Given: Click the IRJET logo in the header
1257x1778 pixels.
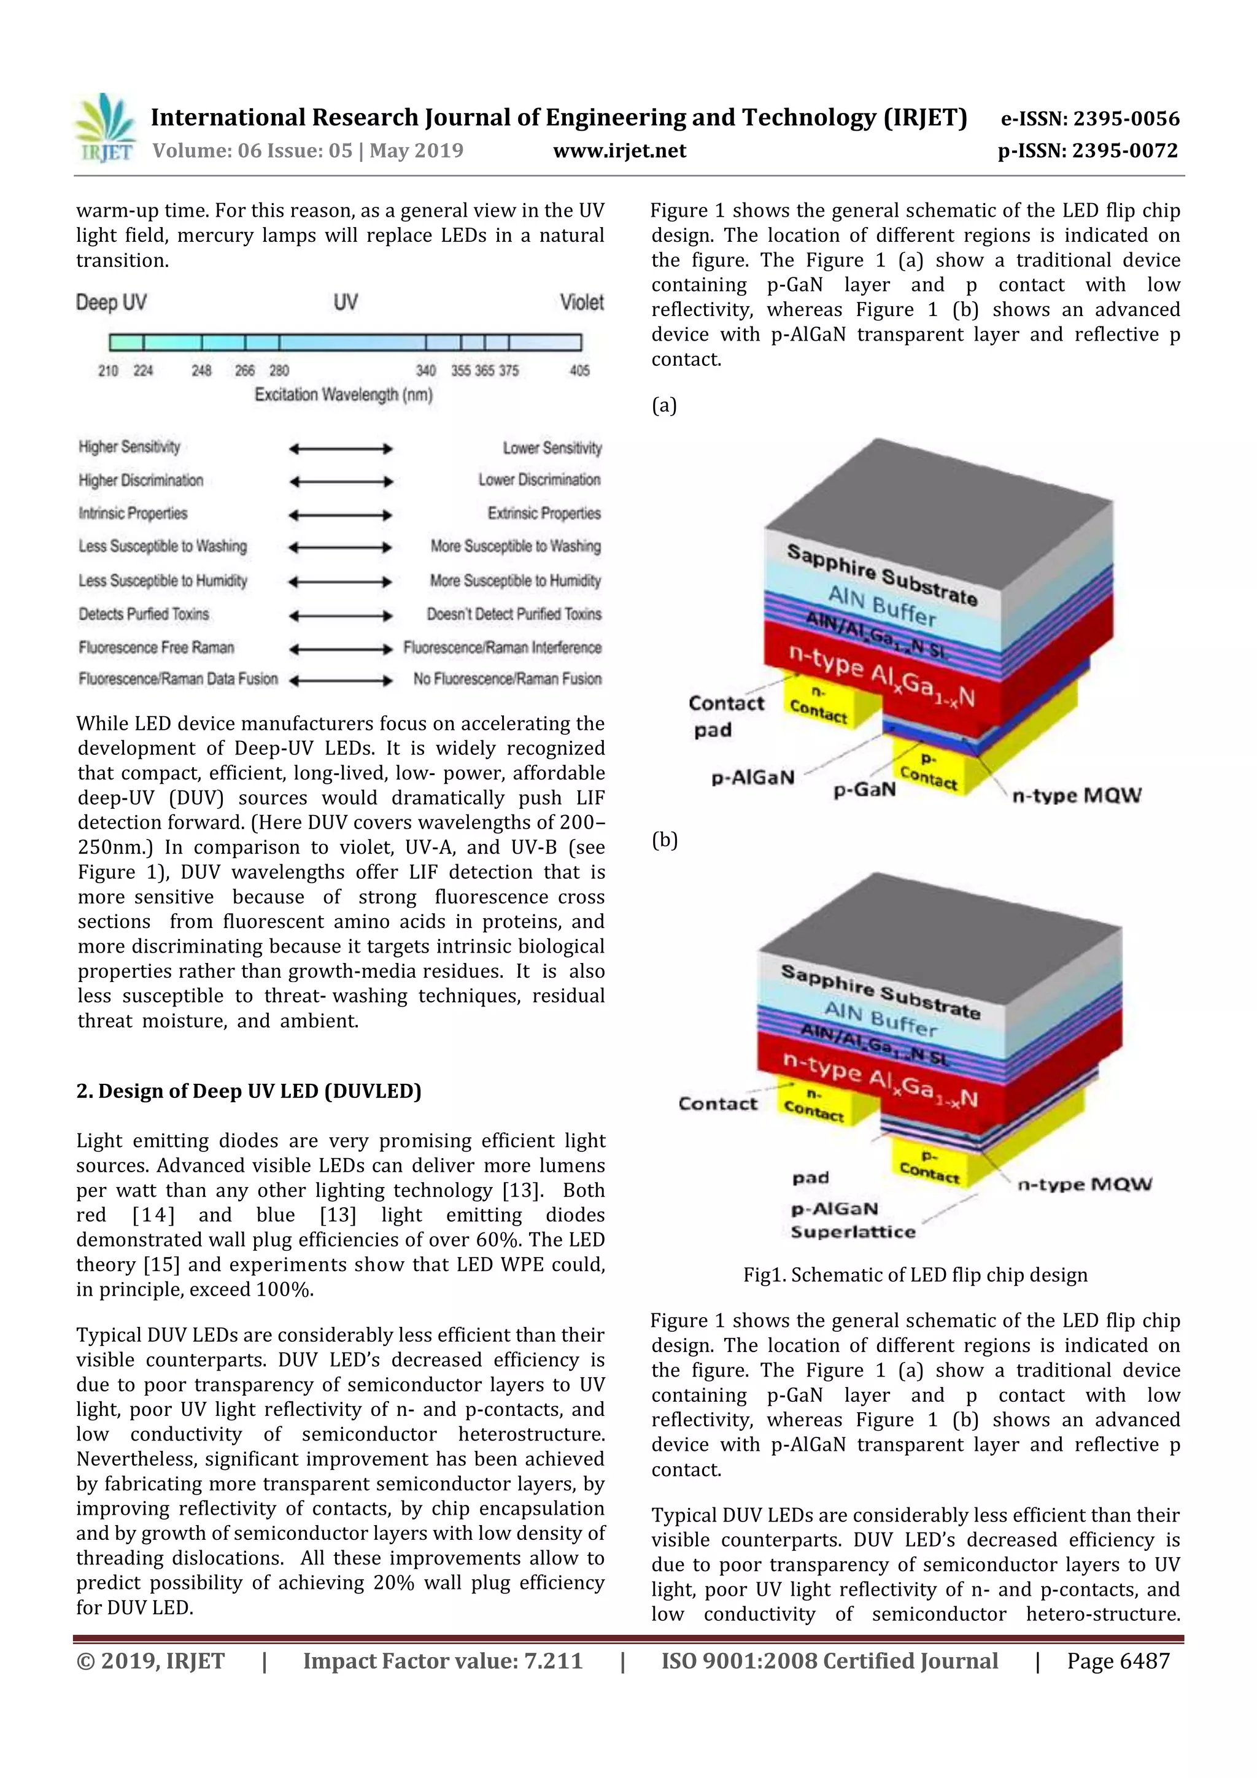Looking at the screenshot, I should pyautogui.click(x=104, y=128).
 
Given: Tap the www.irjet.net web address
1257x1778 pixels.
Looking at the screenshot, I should pyautogui.click(x=619, y=151).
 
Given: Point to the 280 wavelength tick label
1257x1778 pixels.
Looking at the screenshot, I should pyautogui.click(x=279, y=371).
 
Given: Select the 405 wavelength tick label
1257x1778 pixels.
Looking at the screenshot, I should pyautogui.click(x=579, y=371).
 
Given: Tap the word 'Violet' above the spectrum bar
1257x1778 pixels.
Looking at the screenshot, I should pyautogui.click(x=582, y=303).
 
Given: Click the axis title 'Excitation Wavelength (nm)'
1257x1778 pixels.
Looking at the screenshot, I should pyautogui.click(x=343, y=395).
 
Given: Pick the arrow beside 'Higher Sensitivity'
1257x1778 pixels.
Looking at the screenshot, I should pyautogui.click(x=341, y=449).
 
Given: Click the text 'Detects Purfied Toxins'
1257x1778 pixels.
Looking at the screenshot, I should pyautogui.click(x=143, y=614).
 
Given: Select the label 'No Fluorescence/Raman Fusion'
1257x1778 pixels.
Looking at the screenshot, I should pyautogui.click(x=508, y=679).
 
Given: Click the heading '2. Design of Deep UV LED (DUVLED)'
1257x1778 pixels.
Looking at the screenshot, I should pyautogui.click(x=249, y=1091).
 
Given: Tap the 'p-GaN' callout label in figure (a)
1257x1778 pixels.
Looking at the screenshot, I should pyautogui.click(x=864, y=790).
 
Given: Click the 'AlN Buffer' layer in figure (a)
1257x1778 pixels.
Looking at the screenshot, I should pyautogui.click(x=881, y=606).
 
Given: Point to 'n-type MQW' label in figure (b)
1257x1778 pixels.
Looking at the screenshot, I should pyautogui.click(x=1085, y=1184).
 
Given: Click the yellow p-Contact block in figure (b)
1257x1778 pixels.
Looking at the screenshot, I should pyautogui.click(x=929, y=1165).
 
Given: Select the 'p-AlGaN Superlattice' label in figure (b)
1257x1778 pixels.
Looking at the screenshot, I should pyautogui.click(x=852, y=1221).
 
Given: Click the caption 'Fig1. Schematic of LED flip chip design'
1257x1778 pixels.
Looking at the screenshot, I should pyautogui.click(x=915, y=1275).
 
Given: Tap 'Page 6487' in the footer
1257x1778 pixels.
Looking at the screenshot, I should pyautogui.click(x=1118, y=1661).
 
